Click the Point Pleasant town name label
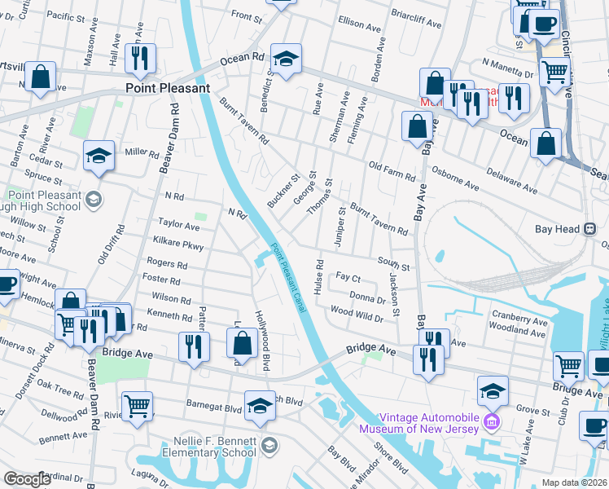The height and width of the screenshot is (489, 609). pos(168,88)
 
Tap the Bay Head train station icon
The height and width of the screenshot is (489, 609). pos(589,230)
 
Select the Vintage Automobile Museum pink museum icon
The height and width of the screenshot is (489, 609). pos(491,421)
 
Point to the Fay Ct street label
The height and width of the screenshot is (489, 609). pos(348,278)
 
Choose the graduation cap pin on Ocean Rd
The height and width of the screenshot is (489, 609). pos(286,59)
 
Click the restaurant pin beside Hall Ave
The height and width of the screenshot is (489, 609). pos(139,57)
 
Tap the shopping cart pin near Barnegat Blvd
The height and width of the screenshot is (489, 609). pos(137,403)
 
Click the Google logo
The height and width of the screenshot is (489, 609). pos(27,479)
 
